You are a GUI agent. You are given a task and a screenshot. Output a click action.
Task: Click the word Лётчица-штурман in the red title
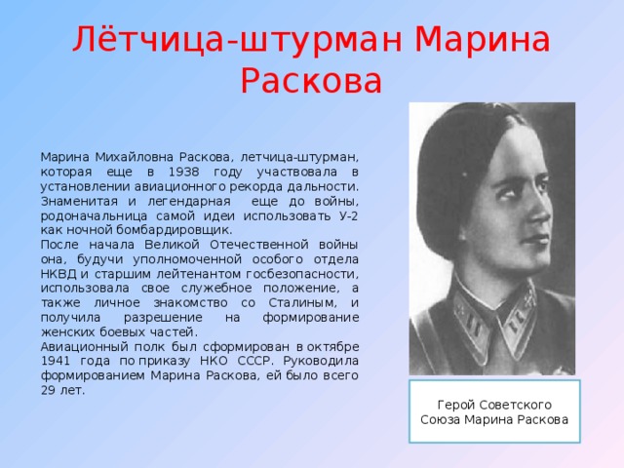(x=238, y=39)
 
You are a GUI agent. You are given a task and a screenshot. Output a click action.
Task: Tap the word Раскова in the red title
(x=311, y=81)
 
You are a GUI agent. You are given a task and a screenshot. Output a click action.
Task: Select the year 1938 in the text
(x=184, y=172)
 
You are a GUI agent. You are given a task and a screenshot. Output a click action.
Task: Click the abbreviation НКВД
(x=58, y=274)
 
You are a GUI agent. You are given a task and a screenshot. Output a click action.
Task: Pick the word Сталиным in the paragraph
(x=302, y=303)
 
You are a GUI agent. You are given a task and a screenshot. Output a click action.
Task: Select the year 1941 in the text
(x=56, y=361)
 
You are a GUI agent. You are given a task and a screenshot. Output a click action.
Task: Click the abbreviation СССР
(x=255, y=361)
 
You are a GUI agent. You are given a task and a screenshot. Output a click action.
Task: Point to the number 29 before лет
(x=48, y=390)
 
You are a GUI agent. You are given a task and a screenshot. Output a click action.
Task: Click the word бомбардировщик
(x=175, y=230)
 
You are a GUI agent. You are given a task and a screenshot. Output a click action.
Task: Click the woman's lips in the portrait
(x=537, y=239)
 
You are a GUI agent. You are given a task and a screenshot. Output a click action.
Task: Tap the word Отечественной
(x=259, y=245)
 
